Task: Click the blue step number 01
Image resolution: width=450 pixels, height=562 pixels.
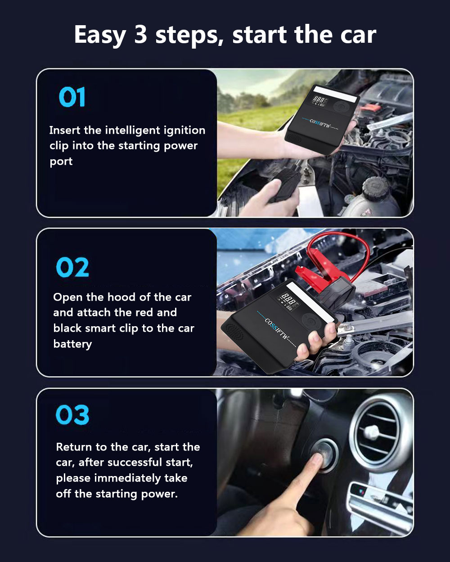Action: click(72, 97)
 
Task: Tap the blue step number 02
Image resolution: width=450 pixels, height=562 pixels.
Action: click(72, 267)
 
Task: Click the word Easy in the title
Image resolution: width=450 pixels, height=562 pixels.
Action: click(100, 35)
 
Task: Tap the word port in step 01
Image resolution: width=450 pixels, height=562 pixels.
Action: click(61, 162)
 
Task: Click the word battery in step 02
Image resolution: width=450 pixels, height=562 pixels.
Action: click(72, 344)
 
